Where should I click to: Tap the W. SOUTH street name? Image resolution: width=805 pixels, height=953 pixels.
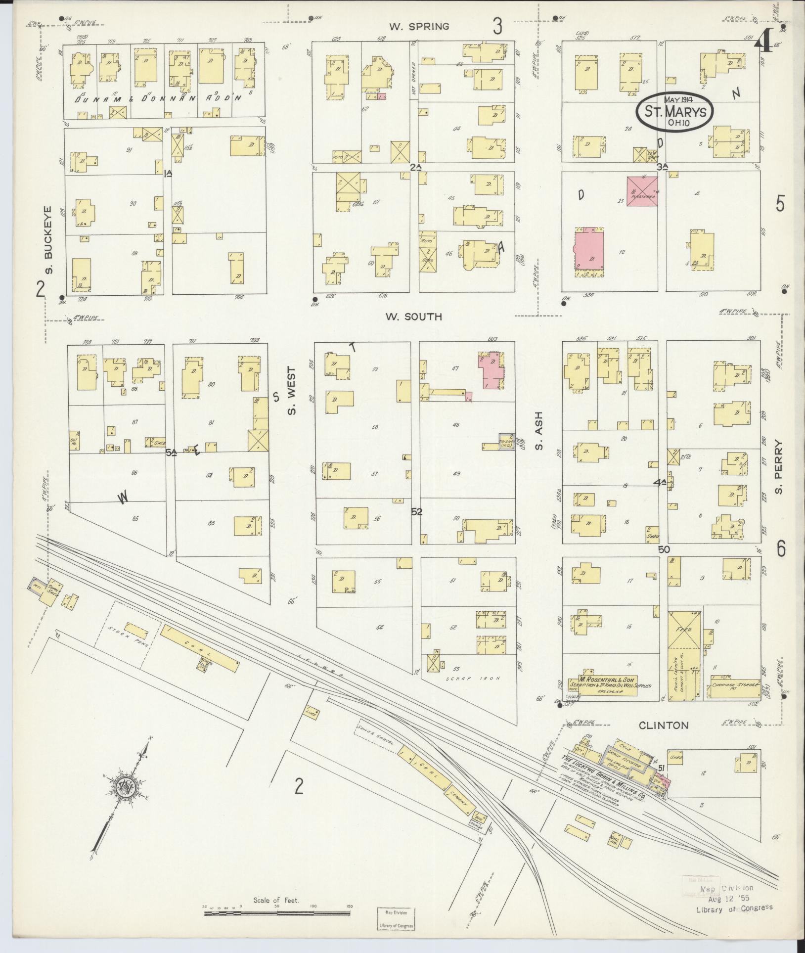(x=414, y=317)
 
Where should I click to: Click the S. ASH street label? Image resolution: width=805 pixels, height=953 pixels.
(x=539, y=431)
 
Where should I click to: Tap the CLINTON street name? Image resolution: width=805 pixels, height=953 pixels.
(x=663, y=725)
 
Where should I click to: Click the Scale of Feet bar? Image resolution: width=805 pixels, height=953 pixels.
(x=277, y=913)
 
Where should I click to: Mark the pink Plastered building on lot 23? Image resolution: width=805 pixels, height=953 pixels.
(x=642, y=191)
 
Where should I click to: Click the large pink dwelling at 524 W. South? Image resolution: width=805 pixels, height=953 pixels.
(x=589, y=253)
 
